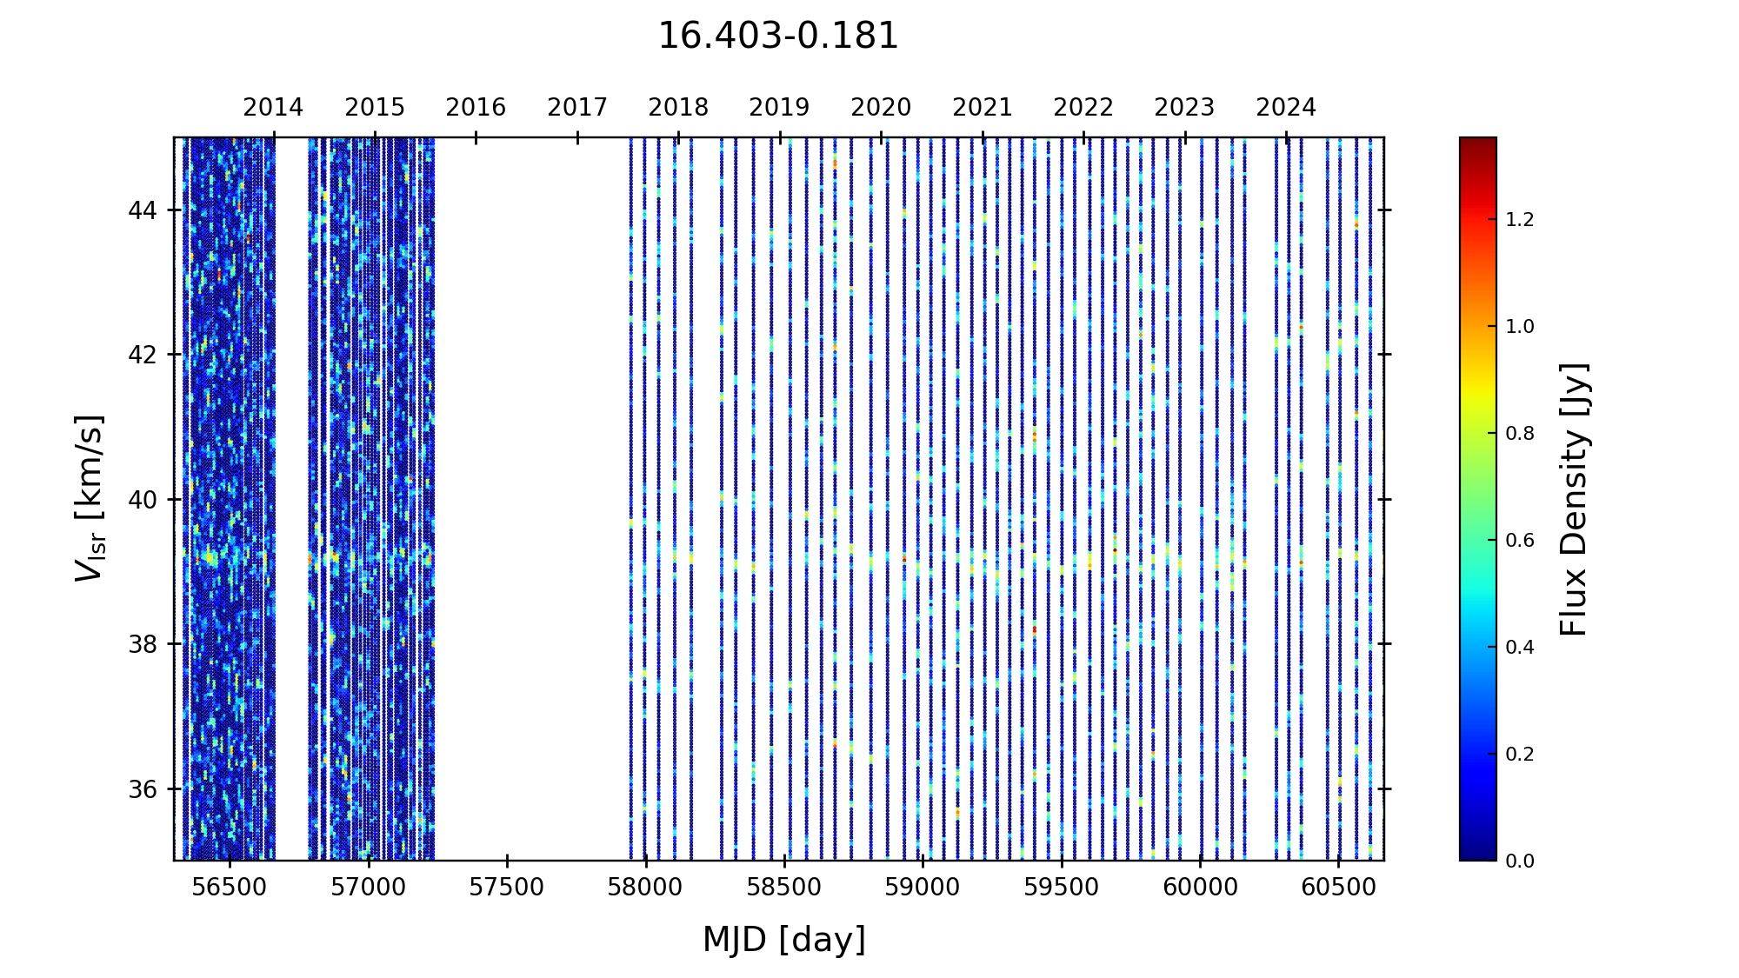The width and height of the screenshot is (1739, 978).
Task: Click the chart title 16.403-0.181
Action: coord(777,37)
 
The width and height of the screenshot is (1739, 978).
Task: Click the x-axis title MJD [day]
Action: coord(783,940)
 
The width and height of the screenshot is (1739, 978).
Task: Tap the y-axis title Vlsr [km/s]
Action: coord(90,498)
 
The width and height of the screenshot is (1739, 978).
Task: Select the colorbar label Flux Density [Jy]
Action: coord(1574,499)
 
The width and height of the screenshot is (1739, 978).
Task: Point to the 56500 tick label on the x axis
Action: coord(230,888)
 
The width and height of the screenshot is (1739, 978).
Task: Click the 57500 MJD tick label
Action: coord(507,888)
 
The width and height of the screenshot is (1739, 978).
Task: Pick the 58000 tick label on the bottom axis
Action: coord(645,888)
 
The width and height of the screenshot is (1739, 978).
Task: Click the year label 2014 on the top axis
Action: coord(273,108)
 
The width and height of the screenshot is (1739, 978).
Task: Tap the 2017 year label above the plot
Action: coord(577,108)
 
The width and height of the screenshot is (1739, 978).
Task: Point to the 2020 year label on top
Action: coord(881,108)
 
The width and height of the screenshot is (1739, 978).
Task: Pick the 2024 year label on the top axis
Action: coord(1286,108)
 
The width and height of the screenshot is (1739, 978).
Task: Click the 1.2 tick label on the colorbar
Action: coord(1520,220)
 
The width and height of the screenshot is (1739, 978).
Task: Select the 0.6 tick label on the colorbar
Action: coord(1520,541)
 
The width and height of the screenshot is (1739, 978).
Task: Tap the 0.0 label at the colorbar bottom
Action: coord(1520,862)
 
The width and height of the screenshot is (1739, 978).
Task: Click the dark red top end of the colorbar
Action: coord(1478,143)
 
